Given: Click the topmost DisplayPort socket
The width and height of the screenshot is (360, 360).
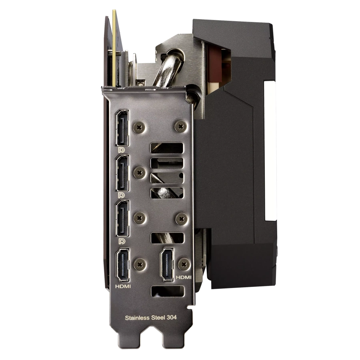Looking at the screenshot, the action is click(122, 128).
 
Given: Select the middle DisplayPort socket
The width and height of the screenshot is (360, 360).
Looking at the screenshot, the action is click(122, 173).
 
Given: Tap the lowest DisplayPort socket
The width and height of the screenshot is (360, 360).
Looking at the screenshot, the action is click(122, 218).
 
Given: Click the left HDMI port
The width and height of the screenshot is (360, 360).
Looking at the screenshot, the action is click(123, 265).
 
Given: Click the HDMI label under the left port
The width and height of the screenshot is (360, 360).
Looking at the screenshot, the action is click(123, 286).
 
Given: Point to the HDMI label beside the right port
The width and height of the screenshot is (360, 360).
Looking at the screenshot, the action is click(184, 277).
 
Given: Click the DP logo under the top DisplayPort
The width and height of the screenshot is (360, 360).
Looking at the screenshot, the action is click(122, 150).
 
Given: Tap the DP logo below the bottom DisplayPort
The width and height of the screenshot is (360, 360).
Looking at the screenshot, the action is click(122, 241).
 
